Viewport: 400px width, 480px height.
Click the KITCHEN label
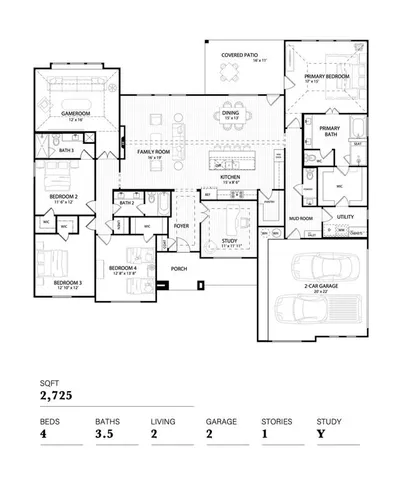[230, 178]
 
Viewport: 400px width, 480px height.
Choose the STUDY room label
[229, 241]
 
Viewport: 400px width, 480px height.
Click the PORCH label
[179, 269]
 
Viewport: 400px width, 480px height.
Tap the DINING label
[230, 113]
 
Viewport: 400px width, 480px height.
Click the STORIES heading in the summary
[277, 422]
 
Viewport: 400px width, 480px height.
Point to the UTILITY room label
[345, 216]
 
